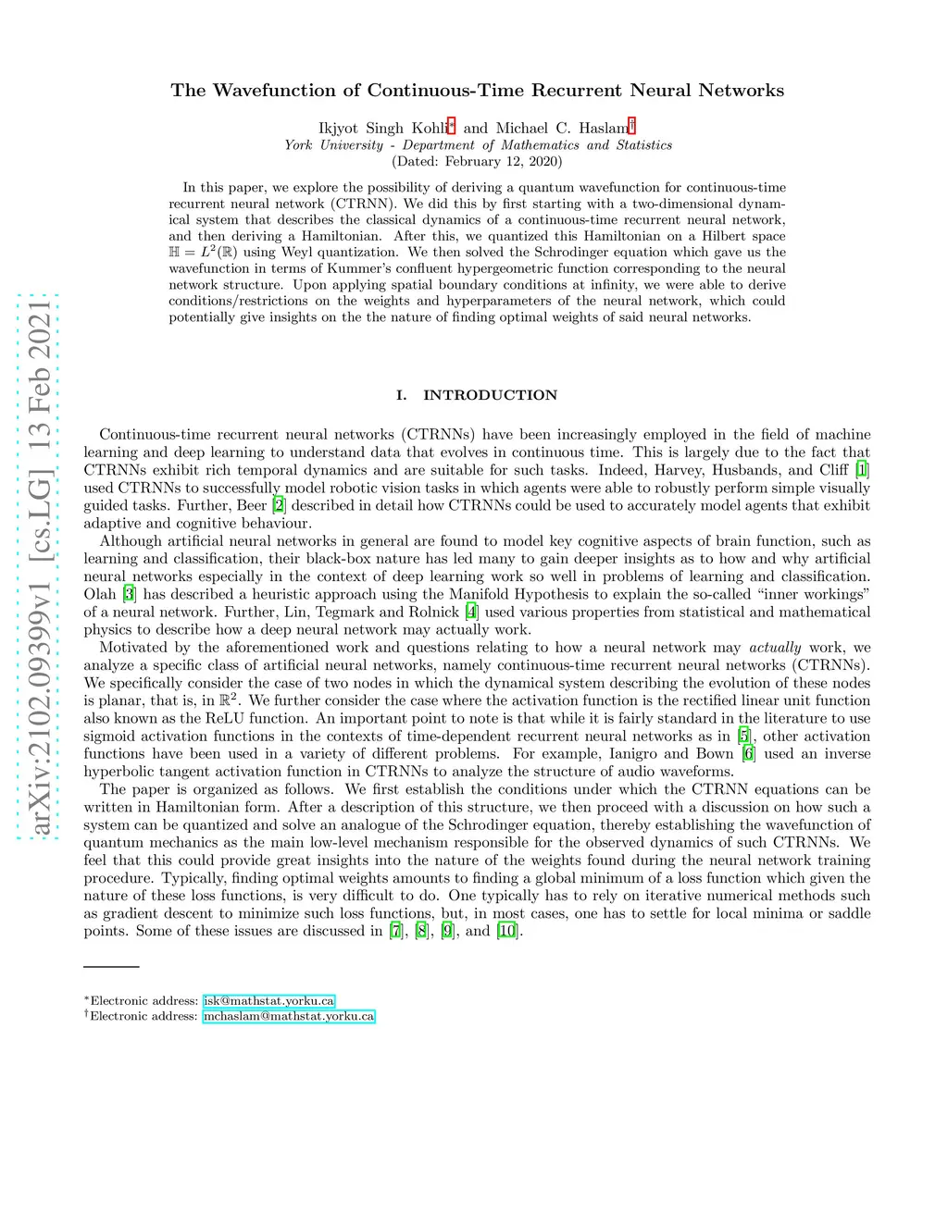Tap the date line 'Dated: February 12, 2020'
[478, 161]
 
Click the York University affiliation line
[478, 145]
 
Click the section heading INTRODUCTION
[490, 395]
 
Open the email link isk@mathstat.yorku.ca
[268, 1001]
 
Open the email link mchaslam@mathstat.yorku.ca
[289, 1016]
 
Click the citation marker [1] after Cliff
[862, 470]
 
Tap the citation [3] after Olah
[130, 594]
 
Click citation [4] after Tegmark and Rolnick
[472, 612]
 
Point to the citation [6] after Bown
[748, 754]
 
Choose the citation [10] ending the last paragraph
[507, 931]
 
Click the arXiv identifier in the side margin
[39, 567]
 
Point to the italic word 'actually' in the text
[775, 648]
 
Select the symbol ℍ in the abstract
[175, 253]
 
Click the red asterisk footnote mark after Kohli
[451, 126]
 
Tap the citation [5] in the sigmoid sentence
[743, 737]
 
